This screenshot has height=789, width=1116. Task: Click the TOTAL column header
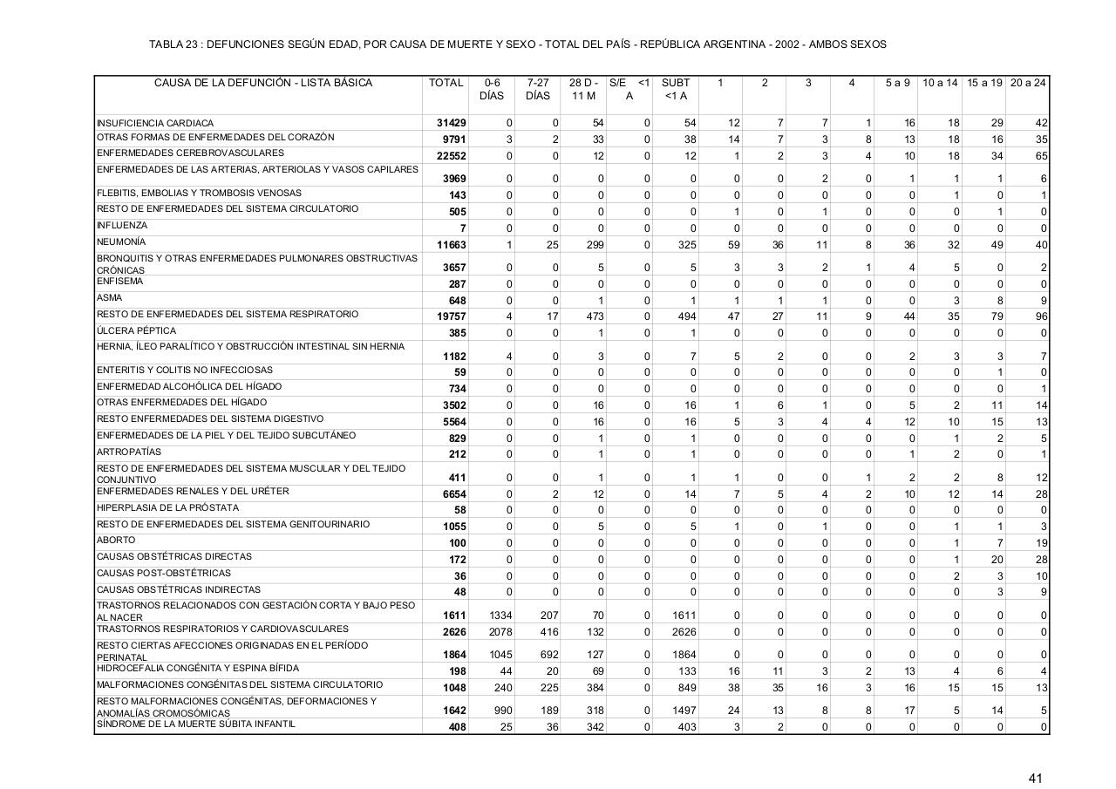446,83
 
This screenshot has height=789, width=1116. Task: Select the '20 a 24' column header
1028,83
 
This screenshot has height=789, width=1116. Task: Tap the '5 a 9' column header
897,83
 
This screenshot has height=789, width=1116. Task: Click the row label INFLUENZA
122,226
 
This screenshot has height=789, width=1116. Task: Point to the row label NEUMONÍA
121,241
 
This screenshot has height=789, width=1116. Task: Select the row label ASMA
109,298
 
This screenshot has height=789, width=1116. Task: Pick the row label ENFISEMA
119,282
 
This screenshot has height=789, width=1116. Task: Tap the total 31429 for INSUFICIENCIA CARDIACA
452,123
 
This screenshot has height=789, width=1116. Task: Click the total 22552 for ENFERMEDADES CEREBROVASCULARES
452,156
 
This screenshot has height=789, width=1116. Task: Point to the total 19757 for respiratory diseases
452,316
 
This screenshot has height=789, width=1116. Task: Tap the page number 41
1035,779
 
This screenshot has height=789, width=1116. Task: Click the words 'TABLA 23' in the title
173,44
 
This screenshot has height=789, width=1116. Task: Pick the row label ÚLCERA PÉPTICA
136,331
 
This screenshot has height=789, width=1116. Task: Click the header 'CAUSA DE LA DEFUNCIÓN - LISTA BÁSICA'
263,83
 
